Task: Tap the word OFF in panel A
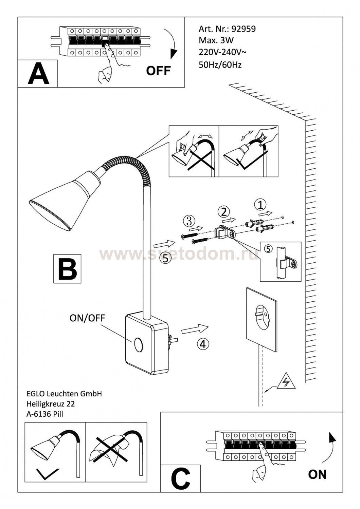point(158,71)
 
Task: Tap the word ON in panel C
point(317,474)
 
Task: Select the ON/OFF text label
point(87,318)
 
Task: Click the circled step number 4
point(203,344)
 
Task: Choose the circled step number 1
point(260,205)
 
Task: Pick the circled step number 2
point(223,212)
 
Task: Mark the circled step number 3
point(189,221)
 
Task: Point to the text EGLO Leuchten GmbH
point(64,394)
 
